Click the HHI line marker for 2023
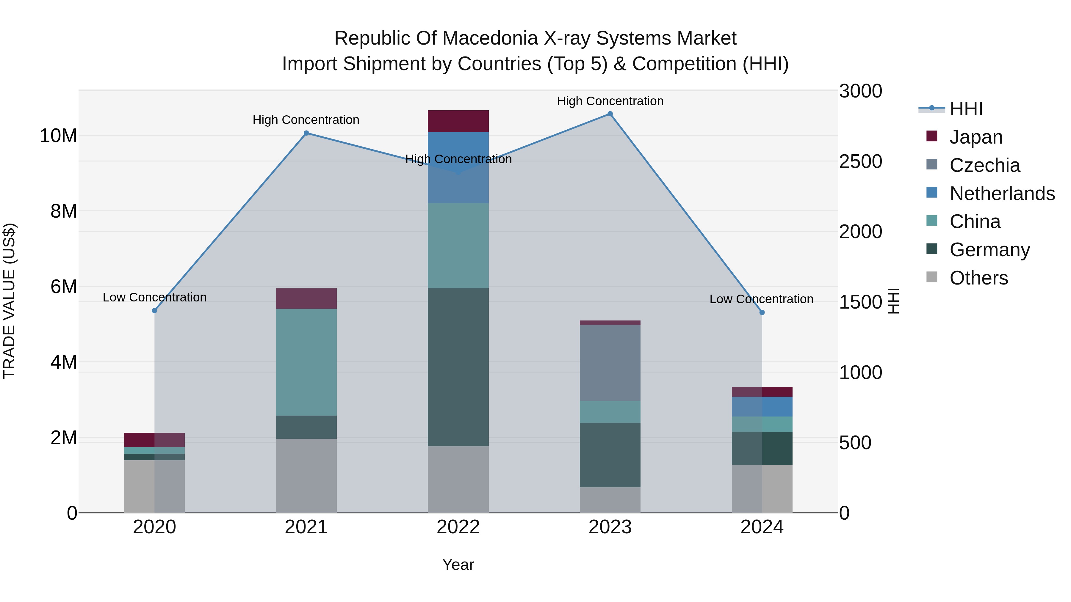(x=610, y=114)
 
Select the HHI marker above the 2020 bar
(x=155, y=311)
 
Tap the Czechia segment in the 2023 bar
(x=610, y=363)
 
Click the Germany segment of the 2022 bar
(x=458, y=367)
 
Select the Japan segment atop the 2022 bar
(x=458, y=121)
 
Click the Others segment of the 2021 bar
(x=306, y=476)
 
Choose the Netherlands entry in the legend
(x=1002, y=194)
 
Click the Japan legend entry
(x=976, y=137)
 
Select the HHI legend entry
(x=966, y=109)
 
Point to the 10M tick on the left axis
(x=58, y=136)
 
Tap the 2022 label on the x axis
(x=458, y=527)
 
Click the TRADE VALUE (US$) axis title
(x=9, y=301)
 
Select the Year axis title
(x=458, y=565)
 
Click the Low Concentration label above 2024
(x=761, y=299)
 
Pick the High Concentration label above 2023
(x=610, y=101)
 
